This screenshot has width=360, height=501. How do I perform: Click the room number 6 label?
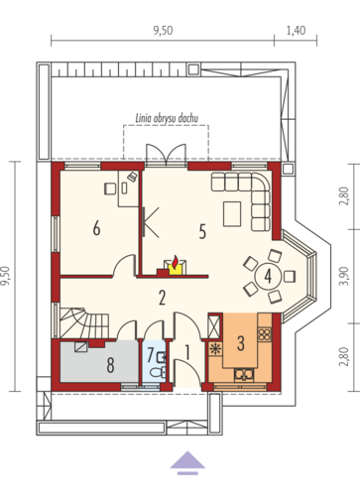[96, 228]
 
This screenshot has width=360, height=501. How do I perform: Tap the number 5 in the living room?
[202, 231]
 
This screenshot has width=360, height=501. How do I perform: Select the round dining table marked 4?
[268, 277]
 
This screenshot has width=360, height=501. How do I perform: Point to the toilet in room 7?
[158, 372]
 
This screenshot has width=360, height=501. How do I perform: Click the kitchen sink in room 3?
[244, 374]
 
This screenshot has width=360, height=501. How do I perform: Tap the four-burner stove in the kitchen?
[265, 334]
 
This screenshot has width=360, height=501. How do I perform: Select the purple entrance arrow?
[187, 462]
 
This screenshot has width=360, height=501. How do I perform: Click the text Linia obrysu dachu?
[168, 118]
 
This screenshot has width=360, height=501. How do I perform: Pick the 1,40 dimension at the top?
[296, 31]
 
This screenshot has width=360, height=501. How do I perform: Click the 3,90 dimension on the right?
[344, 276]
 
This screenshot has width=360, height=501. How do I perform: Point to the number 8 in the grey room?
[111, 365]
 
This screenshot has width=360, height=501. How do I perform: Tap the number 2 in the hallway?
[162, 298]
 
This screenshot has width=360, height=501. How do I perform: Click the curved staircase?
[84, 322]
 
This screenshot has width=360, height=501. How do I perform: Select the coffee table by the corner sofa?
[232, 214]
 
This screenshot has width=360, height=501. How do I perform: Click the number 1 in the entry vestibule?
[187, 352]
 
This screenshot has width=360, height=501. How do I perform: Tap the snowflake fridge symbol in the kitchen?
[216, 349]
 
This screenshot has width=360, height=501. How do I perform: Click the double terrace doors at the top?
[166, 155]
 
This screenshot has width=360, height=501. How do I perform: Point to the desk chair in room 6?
[110, 188]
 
